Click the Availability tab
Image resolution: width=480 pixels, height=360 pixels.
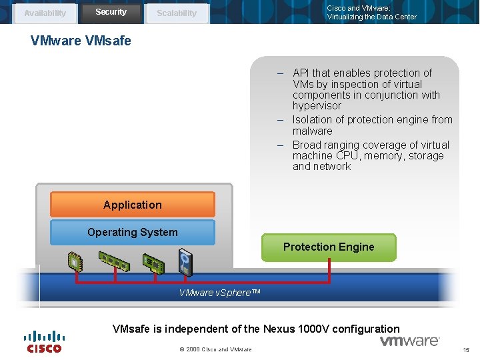point(45,13)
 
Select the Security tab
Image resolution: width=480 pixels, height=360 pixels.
point(111,12)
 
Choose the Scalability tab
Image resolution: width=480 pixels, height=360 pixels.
point(177,13)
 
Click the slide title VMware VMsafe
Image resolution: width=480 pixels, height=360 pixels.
point(81,41)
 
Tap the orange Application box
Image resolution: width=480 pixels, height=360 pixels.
point(132,205)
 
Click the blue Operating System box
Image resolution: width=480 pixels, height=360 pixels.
point(132,233)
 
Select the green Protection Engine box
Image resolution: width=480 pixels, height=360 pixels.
point(329,247)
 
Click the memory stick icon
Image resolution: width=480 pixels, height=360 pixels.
point(113,261)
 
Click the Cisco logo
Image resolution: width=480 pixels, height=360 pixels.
point(44,341)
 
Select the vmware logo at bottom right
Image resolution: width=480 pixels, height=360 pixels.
point(409,341)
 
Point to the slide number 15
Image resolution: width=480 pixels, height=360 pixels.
point(467,350)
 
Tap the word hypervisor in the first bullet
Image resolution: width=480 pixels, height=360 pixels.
point(317,106)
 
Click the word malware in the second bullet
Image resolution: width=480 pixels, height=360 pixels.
point(312,131)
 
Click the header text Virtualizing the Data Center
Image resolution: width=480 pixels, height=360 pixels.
point(371,17)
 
